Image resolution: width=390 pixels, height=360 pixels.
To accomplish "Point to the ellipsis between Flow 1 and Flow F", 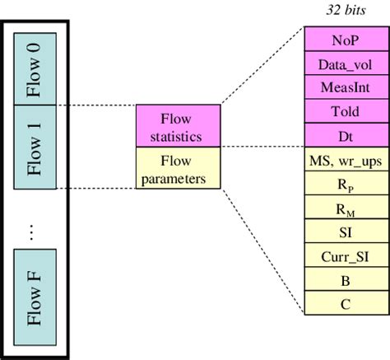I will tap(33, 231).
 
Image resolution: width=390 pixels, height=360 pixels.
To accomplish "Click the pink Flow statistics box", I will tap(178, 126).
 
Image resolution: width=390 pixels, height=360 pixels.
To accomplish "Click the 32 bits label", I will tap(346, 10).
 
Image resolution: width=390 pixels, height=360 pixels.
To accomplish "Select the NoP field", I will tap(346, 39).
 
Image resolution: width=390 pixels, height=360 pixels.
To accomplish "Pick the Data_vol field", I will tap(346, 63).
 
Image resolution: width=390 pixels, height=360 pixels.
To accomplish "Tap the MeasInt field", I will tap(346, 86).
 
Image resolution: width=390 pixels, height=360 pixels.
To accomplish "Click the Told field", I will tap(346, 110).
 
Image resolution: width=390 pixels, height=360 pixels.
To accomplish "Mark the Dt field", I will tap(346, 134).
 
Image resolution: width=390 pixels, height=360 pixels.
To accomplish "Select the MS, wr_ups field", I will tap(346, 158).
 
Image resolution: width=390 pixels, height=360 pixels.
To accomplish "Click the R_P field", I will tap(346, 183).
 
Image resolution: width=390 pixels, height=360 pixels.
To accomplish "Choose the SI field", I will tap(346, 231).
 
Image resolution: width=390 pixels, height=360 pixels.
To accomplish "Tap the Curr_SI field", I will tap(346, 255).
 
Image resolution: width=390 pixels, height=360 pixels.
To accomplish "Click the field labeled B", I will tap(346, 280).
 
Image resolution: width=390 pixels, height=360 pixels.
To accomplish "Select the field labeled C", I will tap(346, 304).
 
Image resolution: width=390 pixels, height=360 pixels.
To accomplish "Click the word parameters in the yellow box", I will tap(178, 176).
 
